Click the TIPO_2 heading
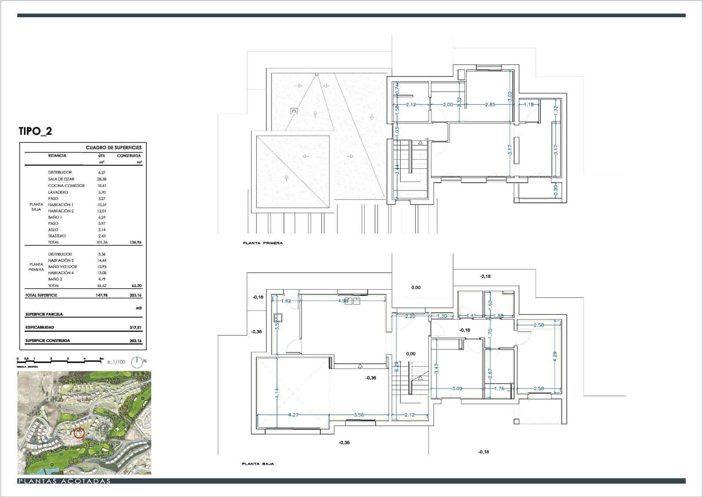point(35,131)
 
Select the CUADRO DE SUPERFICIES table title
point(113,147)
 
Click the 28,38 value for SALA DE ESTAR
point(101,179)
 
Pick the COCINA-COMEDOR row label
point(66,186)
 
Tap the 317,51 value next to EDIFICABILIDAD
point(135,328)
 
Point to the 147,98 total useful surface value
point(101,295)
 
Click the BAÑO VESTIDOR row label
point(62,267)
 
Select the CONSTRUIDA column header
point(129,156)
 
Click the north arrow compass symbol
point(137,362)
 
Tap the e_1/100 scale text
point(116,362)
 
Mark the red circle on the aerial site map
point(79,433)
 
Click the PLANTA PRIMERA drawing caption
point(263,243)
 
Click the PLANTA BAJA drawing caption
point(258,464)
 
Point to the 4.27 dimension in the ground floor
point(293,415)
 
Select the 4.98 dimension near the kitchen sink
point(343,301)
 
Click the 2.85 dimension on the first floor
point(490,105)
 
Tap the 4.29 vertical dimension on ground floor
point(555,356)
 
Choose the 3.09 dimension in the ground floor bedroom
point(457,389)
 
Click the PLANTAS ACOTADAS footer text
point(64,481)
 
